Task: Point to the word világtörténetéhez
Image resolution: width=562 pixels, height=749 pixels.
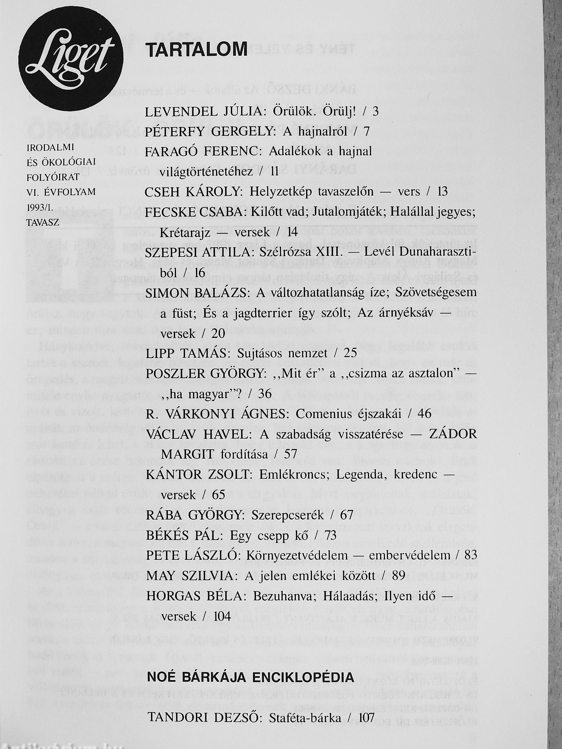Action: (206, 172)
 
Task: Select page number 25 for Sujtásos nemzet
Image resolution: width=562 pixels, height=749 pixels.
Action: (350, 353)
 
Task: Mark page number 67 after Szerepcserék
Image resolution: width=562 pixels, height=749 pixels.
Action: (346, 515)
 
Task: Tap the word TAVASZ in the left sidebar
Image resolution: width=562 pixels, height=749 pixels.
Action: (43, 222)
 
